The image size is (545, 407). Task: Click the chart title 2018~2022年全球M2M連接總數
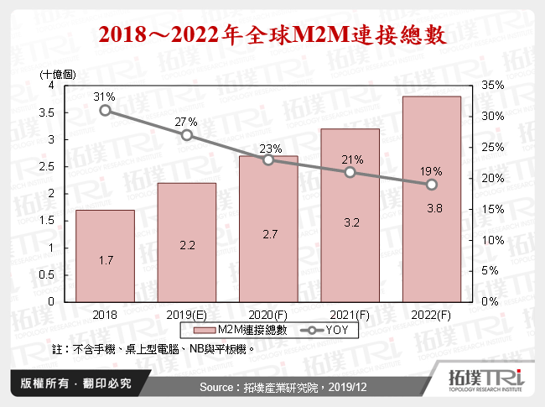pyautogui.click(x=272, y=36)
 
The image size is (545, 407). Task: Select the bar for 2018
pyautogui.click(x=105, y=256)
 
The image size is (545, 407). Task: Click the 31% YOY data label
pyautogui.click(x=105, y=97)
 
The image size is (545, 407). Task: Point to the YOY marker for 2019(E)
pyautogui.click(x=186, y=135)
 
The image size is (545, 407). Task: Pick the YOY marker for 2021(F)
pyautogui.click(x=350, y=172)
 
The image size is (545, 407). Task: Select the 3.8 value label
pyautogui.click(x=431, y=208)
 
